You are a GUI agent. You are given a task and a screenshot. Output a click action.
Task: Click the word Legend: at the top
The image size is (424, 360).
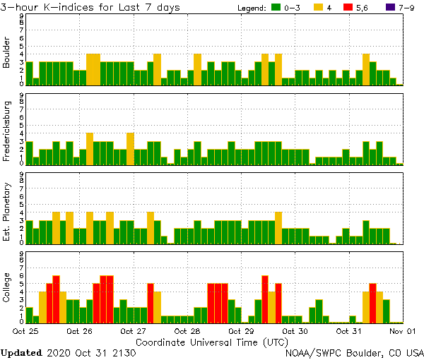coord(249,8)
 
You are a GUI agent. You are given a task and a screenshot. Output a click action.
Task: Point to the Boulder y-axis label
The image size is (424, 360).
coord(7,53)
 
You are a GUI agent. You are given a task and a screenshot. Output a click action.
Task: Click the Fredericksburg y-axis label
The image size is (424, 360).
coord(7,133)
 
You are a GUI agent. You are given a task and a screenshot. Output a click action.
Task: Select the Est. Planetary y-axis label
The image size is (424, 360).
coord(7,212)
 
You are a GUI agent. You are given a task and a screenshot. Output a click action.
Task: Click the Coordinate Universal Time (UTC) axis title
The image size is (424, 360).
coord(211,341)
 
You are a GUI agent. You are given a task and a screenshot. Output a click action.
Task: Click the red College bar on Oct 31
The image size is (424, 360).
coord(372,303)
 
